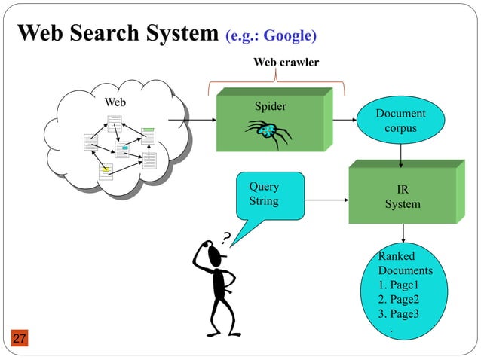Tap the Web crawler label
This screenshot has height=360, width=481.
coord(276,62)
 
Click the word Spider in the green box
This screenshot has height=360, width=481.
coord(270,106)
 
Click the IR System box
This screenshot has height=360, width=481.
coord(403,197)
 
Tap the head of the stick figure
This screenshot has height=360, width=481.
coord(216,258)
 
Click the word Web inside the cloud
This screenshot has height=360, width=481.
coord(115,102)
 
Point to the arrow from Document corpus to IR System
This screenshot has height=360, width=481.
coord(400,155)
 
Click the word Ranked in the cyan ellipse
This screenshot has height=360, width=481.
coord(396,256)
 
